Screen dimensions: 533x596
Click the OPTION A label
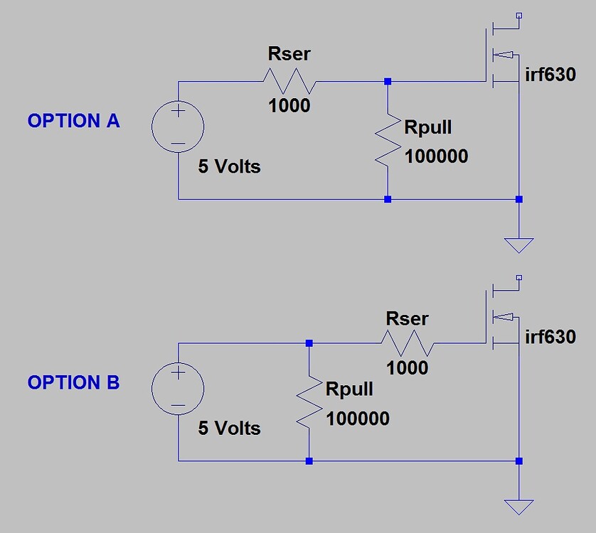74,121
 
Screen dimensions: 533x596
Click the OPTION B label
74,382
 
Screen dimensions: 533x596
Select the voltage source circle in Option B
178,389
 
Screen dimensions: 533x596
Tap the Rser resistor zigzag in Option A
290,81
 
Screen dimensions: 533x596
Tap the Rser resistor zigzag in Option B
408,343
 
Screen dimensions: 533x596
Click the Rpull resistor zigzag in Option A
388,140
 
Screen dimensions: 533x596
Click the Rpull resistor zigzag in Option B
309,402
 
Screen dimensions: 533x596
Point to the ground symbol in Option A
518,245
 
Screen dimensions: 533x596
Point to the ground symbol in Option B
518,507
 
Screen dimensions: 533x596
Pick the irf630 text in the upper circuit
550,75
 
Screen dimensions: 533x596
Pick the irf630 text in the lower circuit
550,336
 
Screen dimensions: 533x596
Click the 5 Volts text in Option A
229,167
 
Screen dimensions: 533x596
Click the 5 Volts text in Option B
229,429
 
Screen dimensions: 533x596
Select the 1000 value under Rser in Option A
289,105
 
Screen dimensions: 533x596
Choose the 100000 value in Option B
358,418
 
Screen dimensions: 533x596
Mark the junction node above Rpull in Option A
388,82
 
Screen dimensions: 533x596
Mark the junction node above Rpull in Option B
309,343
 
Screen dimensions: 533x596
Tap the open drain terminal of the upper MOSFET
519,15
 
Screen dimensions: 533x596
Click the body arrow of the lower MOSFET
505,316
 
